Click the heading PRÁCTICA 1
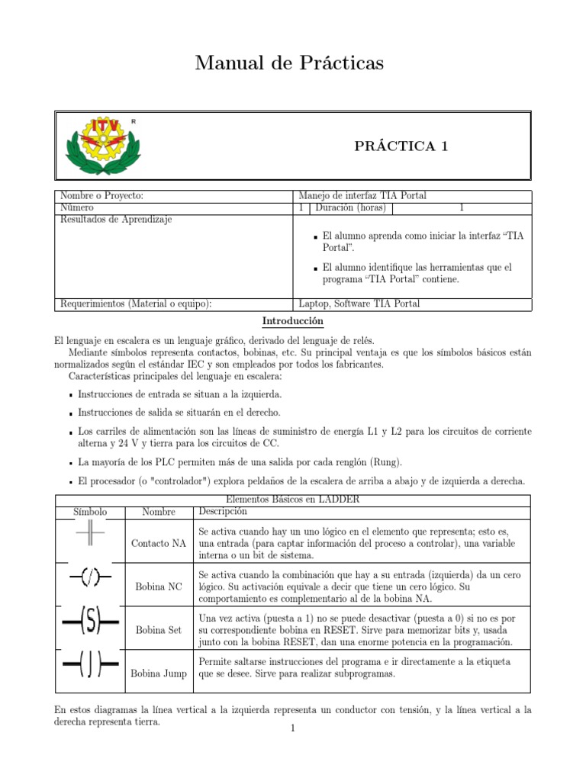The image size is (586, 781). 400,146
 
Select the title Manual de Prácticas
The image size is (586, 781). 289,63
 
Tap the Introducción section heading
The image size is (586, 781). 293,321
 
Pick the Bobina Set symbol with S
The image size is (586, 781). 90,623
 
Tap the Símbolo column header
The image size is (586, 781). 90,512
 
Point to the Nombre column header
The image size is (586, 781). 159,512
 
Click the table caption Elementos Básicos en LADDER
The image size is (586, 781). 293,500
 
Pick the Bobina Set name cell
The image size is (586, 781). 159,630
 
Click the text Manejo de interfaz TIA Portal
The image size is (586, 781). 362,196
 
